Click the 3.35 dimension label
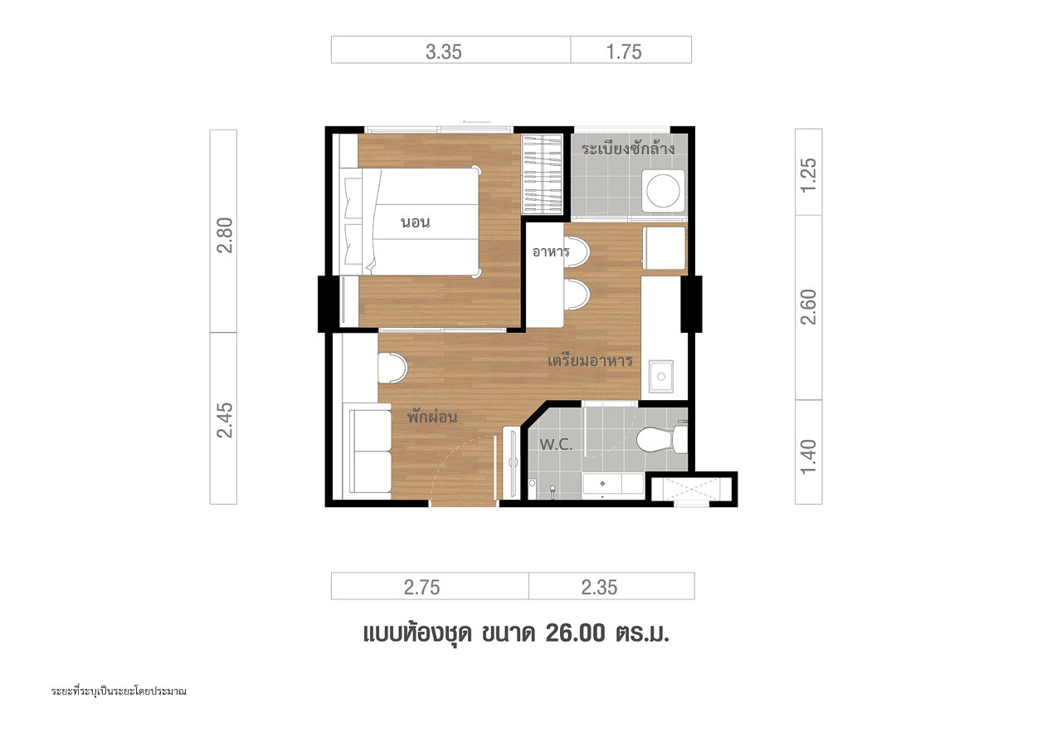[444, 51]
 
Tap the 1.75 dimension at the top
[624, 51]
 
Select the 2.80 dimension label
[225, 235]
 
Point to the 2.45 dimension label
[225, 420]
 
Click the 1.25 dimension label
[808, 175]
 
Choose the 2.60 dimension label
[808, 306]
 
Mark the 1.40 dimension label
[808, 456]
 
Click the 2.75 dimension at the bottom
[421, 588]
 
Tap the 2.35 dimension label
[599, 588]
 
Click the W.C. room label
[556, 445]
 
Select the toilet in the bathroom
[662, 439]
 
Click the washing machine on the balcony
[663, 190]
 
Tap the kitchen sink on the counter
[660, 376]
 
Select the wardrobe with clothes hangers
[542, 174]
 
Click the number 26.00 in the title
[576, 633]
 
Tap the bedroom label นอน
[416, 222]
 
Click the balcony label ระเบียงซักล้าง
[628, 149]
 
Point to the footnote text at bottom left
[119, 691]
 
